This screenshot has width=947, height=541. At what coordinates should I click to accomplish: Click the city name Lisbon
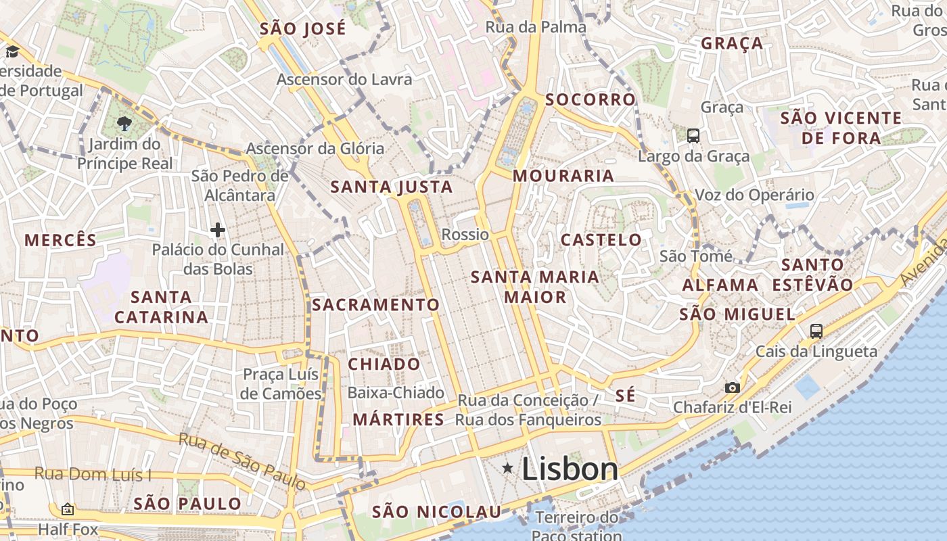coord(570,469)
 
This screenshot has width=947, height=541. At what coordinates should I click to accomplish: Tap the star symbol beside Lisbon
coord(507,468)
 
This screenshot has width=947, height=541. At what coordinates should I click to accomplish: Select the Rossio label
coord(465,235)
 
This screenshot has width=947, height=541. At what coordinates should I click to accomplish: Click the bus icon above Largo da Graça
coord(693,136)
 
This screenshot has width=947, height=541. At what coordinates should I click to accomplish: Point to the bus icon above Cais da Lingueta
coord(816,331)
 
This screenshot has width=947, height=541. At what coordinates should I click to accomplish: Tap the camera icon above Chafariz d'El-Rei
coord(732,387)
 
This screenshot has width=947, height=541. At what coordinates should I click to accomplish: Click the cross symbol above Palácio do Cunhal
coord(217,231)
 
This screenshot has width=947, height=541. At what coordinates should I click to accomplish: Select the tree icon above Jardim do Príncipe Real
coord(124,123)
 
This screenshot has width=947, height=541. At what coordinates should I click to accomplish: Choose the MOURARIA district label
coord(563,176)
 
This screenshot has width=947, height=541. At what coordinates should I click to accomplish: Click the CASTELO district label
coord(601,240)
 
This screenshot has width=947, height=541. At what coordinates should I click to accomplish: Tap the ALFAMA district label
coord(720,285)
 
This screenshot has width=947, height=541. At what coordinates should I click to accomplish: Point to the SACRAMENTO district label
coord(375,305)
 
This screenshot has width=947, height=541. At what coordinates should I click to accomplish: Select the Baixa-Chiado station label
coord(396,393)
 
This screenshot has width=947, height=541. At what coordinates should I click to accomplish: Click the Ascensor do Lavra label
coord(344,79)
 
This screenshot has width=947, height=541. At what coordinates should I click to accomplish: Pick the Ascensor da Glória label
coord(315,148)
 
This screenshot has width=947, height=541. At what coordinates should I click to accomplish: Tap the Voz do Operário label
coord(754,195)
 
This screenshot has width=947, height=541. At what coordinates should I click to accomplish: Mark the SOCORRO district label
coord(590,100)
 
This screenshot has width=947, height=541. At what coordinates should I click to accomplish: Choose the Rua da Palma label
coord(536,27)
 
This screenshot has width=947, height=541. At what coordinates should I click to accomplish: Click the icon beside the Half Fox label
coord(67,509)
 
